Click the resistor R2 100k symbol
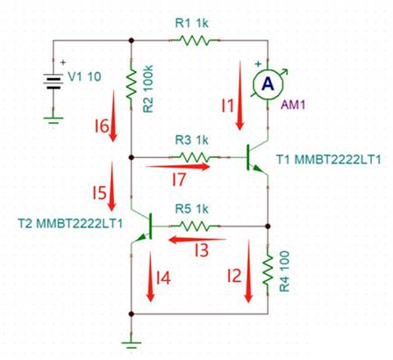131,85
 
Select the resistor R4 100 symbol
266,273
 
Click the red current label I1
225,110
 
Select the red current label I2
233,277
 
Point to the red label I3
202,251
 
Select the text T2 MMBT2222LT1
70,225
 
